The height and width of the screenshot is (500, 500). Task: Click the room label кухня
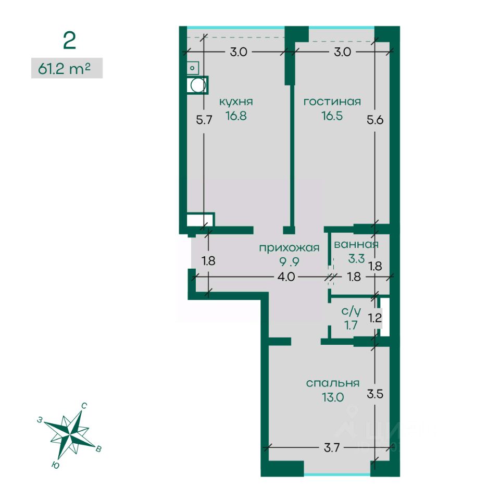pyautogui.click(x=236, y=102)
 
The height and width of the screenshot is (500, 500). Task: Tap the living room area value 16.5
pyautogui.click(x=332, y=116)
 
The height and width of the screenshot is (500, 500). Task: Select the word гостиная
pyautogui.click(x=332, y=102)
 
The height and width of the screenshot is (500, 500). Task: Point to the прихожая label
pyautogui.click(x=289, y=248)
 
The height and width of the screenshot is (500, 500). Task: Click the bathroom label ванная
pyautogui.click(x=356, y=245)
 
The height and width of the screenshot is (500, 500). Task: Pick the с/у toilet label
pyautogui.click(x=351, y=310)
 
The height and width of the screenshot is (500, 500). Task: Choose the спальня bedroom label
pyautogui.click(x=333, y=383)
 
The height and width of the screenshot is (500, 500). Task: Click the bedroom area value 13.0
pyautogui.click(x=333, y=397)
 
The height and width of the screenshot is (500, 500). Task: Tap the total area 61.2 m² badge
pyautogui.click(x=67, y=68)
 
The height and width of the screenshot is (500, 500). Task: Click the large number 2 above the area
pyautogui.click(x=69, y=41)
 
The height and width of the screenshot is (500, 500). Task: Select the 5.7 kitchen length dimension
pyautogui.click(x=204, y=120)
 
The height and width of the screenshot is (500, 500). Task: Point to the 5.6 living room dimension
pyautogui.click(x=375, y=120)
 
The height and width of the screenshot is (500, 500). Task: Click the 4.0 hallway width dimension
pyautogui.click(x=286, y=277)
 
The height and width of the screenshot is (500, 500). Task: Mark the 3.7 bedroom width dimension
pyautogui.click(x=332, y=448)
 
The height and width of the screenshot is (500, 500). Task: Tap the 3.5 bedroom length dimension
pyautogui.click(x=374, y=394)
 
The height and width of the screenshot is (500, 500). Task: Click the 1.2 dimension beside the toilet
pyautogui.click(x=374, y=318)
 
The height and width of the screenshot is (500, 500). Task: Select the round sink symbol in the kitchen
pyautogui.click(x=197, y=85)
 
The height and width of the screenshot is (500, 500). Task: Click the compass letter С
pyautogui.click(x=84, y=406)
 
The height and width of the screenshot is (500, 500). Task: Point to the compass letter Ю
pyautogui.click(x=55, y=465)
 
